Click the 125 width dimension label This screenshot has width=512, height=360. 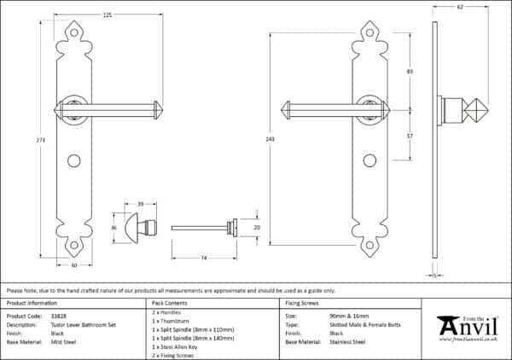pos(107,15)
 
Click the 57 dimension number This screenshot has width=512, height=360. pos(410,136)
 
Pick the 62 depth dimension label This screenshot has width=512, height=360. pos(460,8)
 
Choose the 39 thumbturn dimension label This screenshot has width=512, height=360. pos(140,205)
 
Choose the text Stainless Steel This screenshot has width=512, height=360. pos(348,341)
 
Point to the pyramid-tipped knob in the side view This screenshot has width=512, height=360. pos(473,111)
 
